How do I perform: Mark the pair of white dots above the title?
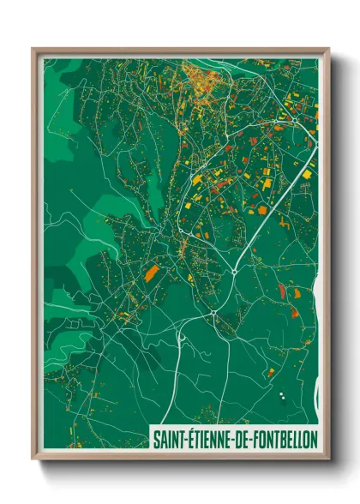point(281,395)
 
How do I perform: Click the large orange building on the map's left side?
point(152,273)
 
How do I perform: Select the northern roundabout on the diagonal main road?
point(235,272)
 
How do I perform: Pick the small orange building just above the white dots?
point(272,372)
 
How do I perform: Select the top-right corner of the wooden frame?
point(328,49)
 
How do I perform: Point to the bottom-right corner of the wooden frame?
point(328,457)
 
